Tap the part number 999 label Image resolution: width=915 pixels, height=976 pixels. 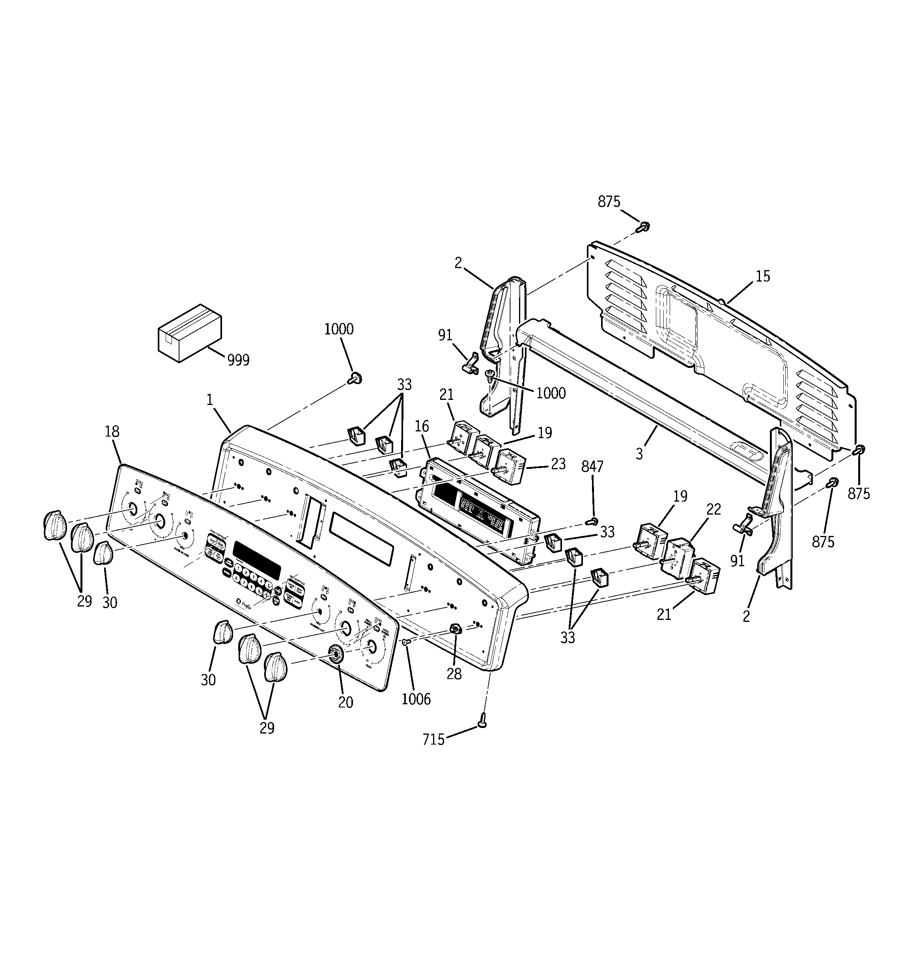pos(238,360)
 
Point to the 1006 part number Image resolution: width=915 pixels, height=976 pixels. pos(416,699)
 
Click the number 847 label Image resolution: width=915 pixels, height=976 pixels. pos(592,467)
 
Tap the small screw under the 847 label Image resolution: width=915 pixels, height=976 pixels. pos(593,521)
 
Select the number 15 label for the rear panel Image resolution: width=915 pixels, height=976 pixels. pos(763,276)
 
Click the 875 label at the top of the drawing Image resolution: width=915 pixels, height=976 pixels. pos(609,202)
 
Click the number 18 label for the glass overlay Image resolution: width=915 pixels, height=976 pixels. pos(112,431)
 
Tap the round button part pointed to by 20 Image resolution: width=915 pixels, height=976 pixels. pos(336,653)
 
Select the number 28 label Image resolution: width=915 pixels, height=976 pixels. pos(454,674)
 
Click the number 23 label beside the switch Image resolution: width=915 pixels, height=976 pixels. pos(558,463)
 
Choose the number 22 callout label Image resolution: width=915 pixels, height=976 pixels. pos(713,509)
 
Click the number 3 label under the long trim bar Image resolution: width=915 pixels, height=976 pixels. pos(639,454)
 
